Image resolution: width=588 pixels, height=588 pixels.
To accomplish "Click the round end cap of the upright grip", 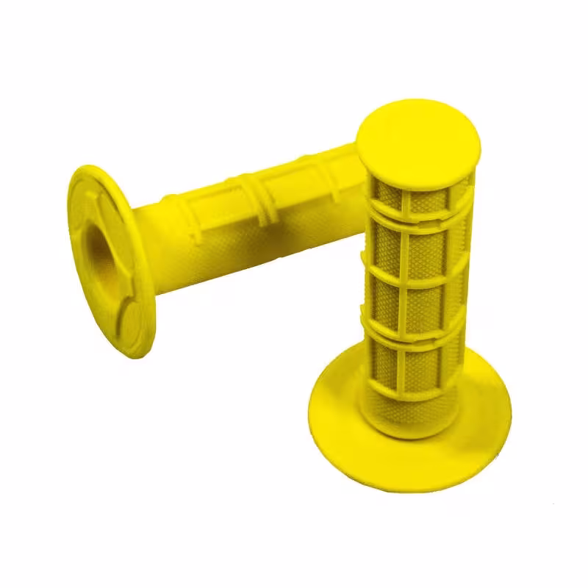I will click(417, 139).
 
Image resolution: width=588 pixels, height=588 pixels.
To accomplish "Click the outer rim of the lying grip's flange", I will click(81, 184).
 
